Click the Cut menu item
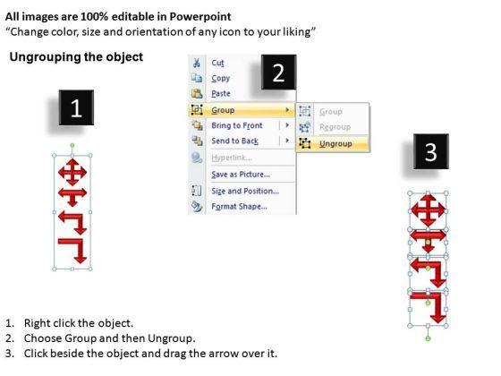coord(217,63)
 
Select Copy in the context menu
coord(220,79)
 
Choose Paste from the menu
coord(221,94)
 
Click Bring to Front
coord(237,125)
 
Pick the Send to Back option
coord(234,141)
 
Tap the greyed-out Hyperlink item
coord(232,158)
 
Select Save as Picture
coord(241,175)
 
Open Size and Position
coord(245,191)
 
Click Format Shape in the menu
coord(239,206)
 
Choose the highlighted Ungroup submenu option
coord(335,144)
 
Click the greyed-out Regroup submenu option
coord(335,127)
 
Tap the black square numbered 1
coord(76,107)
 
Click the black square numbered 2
coord(278,72)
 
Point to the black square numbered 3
coord(430,151)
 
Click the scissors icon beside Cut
coord(197,63)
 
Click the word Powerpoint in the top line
coord(200,17)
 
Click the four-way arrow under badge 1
coord(72,172)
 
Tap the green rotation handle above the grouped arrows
coord(72,145)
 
